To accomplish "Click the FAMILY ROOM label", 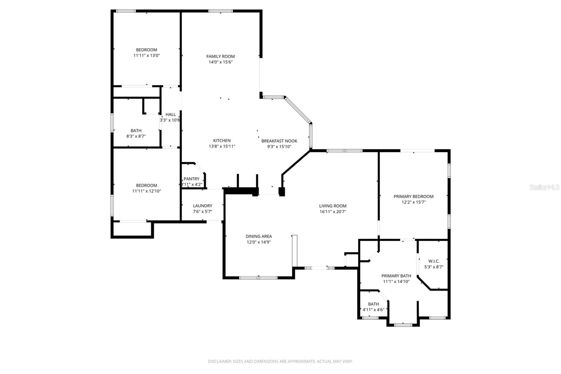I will (220, 56).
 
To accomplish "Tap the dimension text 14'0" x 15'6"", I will (220, 62).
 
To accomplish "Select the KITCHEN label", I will (222, 141).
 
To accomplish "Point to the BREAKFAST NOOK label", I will (279, 141).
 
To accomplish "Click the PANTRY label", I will (191, 179).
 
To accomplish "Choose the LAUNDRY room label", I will (202, 206).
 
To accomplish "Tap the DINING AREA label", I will (258, 236).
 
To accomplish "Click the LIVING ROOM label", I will (332, 206).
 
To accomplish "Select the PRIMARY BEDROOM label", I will (413, 196).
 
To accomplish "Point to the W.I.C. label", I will (434, 261).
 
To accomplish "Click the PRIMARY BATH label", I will (396, 276).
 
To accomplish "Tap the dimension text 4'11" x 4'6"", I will (373, 310).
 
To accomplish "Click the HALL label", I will (170, 114).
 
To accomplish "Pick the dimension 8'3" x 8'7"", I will (136, 136).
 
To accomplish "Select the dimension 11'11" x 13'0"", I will (147, 55).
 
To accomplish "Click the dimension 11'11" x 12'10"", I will (147, 191).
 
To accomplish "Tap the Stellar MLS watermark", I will (544, 188).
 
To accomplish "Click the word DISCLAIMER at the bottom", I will (219, 361).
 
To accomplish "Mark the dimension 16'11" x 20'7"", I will (332, 212).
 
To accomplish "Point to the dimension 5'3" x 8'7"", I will (434, 267).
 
